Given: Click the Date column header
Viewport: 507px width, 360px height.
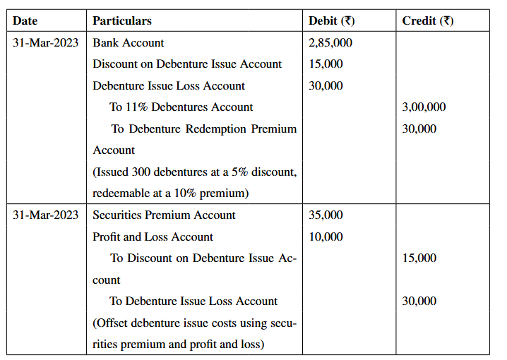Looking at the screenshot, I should click(25, 20).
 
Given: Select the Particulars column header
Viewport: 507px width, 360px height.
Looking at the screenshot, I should click(122, 20).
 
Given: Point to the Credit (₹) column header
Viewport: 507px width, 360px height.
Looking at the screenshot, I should click(428, 20).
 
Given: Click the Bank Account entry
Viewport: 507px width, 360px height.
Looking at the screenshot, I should click(129, 42).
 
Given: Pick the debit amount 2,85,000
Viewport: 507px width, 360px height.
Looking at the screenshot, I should click(330, 42).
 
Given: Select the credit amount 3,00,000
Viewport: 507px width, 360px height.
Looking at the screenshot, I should click(424, 107).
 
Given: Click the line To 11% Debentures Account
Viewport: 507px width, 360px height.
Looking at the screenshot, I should click(181, 107).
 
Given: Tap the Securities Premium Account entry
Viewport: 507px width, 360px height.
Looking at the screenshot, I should click(164, 215).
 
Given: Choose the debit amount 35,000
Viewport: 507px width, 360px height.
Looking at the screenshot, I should click(326, 215).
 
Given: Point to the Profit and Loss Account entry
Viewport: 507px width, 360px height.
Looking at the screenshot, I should click(153, 236).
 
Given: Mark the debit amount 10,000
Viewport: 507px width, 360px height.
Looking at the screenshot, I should click(326, 236).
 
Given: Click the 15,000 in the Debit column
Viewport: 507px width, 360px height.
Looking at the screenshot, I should click(326, 64).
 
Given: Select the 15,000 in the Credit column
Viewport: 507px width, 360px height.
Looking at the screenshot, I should click(419, 258).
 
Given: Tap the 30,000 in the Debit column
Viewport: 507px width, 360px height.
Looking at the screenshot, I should click(326, 85).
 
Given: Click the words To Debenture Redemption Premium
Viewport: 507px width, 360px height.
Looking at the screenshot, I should click(203, 128).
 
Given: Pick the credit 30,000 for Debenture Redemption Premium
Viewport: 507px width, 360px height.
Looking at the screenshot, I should click(419, 128).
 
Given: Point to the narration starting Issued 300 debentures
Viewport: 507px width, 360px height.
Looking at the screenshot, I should click(194, 172).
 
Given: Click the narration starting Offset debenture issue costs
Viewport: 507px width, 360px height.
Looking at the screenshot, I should click(194, 323).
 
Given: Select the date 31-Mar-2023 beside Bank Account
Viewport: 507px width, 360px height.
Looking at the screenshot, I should click(46, 42).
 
